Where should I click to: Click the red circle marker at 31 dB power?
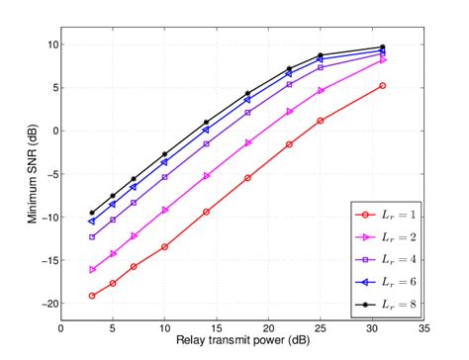pos(382,86)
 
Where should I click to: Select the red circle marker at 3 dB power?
pos(92,296)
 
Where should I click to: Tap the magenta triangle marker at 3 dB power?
pos(92,269)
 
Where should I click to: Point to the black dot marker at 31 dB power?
pos(382,47)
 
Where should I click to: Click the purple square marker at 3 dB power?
pos(92,237)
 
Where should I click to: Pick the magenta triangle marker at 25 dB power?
pos(321,90)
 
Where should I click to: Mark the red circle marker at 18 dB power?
pos(247,178)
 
